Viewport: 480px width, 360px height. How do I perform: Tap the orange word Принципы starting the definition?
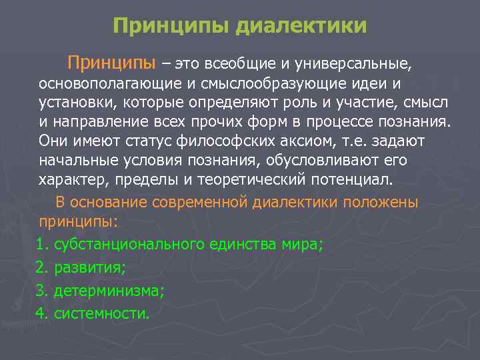[x=111, y=63]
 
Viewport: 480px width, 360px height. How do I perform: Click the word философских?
[x=219, y=143]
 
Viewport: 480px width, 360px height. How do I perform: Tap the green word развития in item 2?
[x=89, y=269]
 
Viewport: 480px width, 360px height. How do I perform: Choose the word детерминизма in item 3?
[x=109, y=291]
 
